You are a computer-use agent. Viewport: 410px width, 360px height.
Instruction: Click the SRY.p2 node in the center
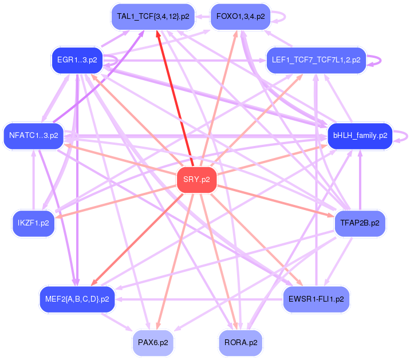[197, 180]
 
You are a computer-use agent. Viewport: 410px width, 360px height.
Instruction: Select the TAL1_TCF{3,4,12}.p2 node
[153, 16]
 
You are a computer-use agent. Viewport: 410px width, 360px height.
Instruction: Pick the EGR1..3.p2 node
[77, 60]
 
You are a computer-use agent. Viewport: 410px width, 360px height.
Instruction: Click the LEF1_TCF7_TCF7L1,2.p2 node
[316, 60]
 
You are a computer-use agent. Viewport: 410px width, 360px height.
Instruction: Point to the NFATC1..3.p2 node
[34, 136]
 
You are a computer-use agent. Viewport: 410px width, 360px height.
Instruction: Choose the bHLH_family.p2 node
[360, 136]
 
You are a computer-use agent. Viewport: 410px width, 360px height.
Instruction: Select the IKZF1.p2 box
[34, 223]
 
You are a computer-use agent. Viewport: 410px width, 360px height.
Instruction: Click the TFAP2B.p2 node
[360, 223]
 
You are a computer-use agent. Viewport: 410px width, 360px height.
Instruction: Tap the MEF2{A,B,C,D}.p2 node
[77, 299]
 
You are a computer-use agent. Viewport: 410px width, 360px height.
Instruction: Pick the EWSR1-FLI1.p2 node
[316, 299]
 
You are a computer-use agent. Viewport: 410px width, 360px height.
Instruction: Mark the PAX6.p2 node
[153, 343]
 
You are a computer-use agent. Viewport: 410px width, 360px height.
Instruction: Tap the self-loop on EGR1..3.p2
[117, 60]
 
